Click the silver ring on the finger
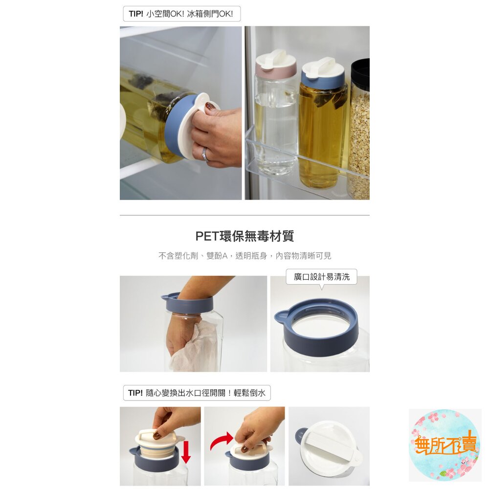click(205, 155)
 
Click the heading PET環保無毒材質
click(244, 236)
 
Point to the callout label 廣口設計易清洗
click(321, 277)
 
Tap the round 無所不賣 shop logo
click(445, 445)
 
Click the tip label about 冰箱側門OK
click(181, 14)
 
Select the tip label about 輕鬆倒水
click(197, 393)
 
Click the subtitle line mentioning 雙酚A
click(244, 256)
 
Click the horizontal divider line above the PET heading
click(244, 215)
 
